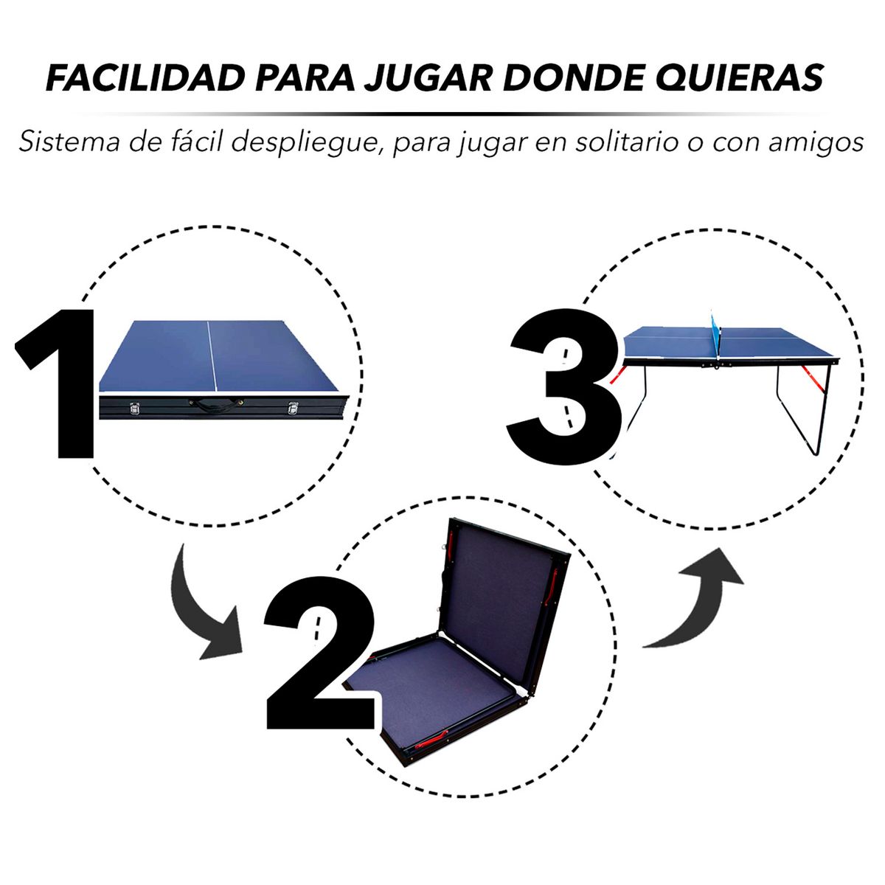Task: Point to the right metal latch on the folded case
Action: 293,407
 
